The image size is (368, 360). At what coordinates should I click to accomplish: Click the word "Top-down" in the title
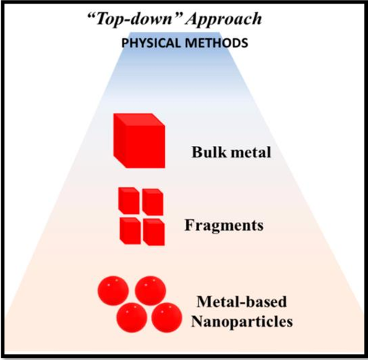point(134,19)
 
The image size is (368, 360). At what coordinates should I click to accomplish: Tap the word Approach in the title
point(223,20)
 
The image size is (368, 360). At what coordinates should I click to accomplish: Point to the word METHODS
point(216,43)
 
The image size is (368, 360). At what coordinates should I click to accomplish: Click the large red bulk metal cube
point(140,141)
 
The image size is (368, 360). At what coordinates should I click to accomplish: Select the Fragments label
point(224,226)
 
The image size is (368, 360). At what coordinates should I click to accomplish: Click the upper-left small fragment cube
point(129,201)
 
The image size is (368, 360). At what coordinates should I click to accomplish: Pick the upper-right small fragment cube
point(153,202)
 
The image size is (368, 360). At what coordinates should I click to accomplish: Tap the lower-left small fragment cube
point(130,231)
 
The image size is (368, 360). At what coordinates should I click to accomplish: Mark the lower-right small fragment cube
point(154,232)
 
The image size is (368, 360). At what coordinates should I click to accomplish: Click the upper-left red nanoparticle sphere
point(113,291)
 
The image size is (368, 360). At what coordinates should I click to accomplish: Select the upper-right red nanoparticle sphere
point(150,291)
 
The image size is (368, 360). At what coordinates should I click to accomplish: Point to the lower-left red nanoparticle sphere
point(132,317)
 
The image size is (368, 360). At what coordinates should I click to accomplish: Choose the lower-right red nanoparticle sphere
point(167,317)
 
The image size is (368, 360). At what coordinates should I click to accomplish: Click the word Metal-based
point(241,301)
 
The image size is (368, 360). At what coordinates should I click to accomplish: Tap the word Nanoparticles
point(241,322)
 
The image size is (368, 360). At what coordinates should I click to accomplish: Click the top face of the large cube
point(140,119)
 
